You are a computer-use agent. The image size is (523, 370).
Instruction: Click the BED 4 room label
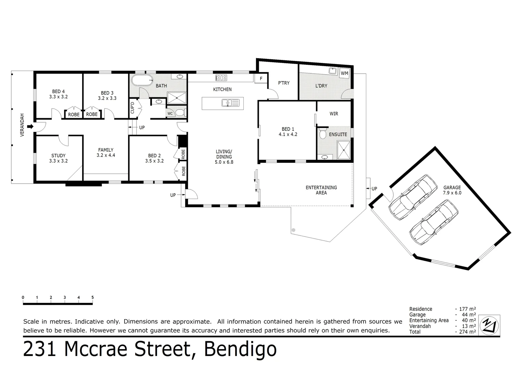coord(58,94)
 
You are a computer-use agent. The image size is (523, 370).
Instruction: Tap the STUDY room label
coord(58,158)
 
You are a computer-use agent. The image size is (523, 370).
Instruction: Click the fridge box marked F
coord(261,78)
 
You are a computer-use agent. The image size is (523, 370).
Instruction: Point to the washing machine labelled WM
coord(344,73)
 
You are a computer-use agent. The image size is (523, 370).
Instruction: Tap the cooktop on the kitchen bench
coord(221,78)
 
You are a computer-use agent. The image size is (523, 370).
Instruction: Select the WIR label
coord(334,113)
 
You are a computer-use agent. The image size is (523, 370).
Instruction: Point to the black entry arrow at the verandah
coord(30,127)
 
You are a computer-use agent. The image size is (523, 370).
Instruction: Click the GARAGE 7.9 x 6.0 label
coord(452,190)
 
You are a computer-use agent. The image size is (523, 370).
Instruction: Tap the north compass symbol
coord(489,324)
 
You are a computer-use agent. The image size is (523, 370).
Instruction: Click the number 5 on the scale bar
coord(92,297)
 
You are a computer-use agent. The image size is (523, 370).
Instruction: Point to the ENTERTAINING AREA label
coord(321,190)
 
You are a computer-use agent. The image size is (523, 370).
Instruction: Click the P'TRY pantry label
coord(284,83)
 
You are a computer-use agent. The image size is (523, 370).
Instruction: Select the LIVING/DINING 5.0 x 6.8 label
coord(224,157)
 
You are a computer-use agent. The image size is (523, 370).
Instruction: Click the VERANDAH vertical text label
coord(22,125)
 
